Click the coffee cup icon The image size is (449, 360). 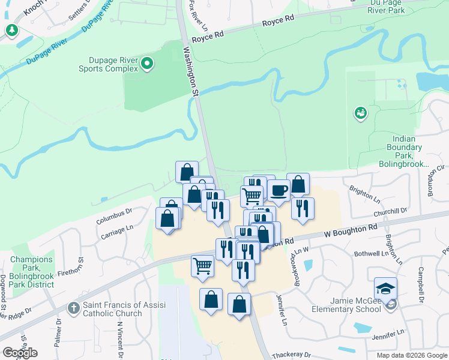coord(279,191)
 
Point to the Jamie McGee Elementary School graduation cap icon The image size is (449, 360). coord(385,287)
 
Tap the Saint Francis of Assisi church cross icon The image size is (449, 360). coord(74,308)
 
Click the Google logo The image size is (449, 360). coord(20,352)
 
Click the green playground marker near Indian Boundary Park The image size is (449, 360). coord(361,113)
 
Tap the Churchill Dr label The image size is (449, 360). coord(390,211)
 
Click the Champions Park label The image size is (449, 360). coord(32,272)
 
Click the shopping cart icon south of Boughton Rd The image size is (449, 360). coord(202,265)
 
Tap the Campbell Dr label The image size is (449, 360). coord(421,284)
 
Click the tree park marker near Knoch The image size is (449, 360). coord(11,29)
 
